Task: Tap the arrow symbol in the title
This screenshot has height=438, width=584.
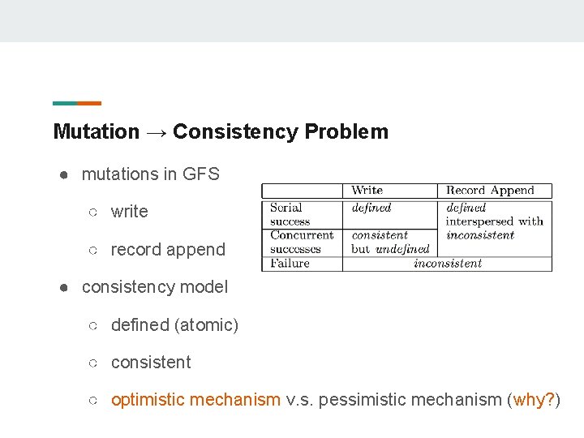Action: click(157, 131)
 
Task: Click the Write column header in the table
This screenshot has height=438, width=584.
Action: click(367, 191)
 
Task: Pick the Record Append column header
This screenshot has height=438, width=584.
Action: click(490, 191)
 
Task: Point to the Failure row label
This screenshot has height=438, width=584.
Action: click(290, 263)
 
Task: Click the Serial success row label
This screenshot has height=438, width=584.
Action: click(290, 214)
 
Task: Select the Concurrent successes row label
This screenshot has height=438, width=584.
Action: click(301, 242)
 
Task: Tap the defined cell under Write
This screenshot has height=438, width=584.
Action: click(371, 208)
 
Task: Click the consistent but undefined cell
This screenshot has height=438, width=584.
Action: click(390, 242)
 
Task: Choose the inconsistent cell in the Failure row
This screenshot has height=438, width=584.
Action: click(447, 263)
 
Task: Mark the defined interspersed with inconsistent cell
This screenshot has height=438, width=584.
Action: click(493, 221)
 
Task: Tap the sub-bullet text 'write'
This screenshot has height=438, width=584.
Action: click(130, 212)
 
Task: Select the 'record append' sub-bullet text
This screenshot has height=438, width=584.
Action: click(168, 250)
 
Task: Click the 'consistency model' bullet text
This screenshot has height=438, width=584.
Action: click(155, 286)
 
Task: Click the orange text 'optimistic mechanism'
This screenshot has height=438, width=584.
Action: click(195, 400)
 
